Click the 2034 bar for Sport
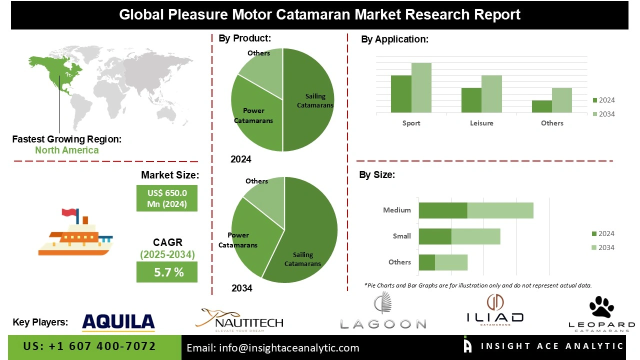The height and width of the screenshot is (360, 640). click(x=421, y=87)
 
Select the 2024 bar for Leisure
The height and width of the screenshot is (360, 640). click(x=471, y=100)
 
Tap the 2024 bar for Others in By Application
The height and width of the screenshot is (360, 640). click(x=541, y=106)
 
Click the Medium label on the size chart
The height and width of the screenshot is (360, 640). click(x=396, y=210)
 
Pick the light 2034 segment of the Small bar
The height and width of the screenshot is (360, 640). click(x=475, y=236)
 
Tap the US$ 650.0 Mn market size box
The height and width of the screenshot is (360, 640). click(x=167, y=198)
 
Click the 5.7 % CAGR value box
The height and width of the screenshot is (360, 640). click(x=167, y=272)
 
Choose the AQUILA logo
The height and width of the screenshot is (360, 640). click(x=118, y=322)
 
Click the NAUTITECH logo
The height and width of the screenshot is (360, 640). click(x=242, y=320)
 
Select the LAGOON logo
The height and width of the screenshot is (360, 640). click(x=383, y=312)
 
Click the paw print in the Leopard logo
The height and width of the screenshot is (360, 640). click(x=602, y=306)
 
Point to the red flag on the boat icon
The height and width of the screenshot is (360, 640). click(x=69, y=213)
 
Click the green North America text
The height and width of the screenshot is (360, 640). click(x=66, y=150)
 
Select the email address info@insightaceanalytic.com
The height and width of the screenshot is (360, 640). click(x=273, y=348)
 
